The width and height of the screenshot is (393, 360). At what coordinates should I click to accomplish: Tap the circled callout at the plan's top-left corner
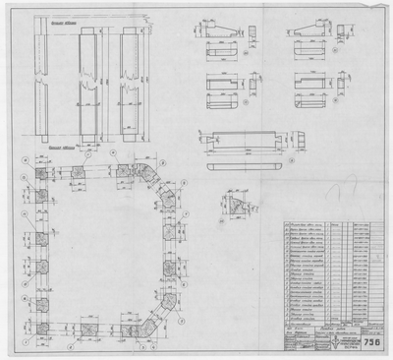click(22, 160)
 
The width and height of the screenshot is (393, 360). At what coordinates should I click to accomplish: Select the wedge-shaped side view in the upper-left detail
click(221, 31)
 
